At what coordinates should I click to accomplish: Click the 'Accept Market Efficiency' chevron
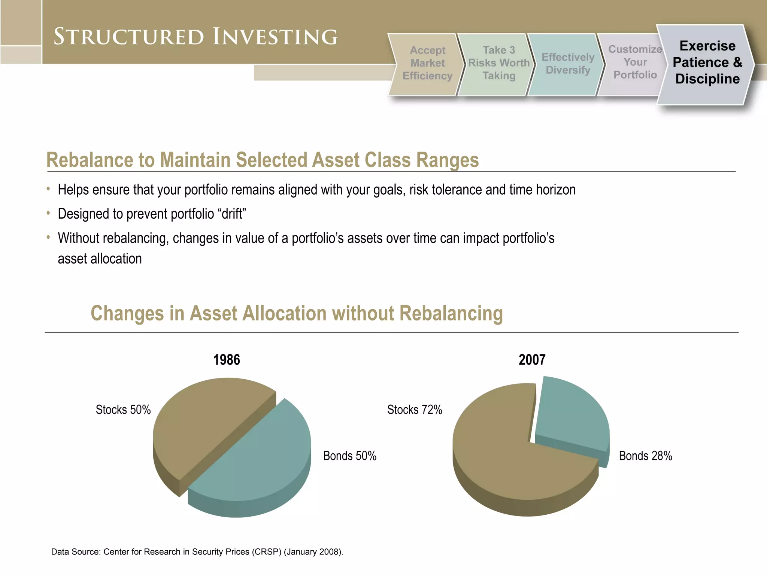click(x=427, y=63)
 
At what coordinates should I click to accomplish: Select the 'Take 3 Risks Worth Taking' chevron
click(x=498, y=63)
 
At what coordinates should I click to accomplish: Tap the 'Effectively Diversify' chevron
click(x=567, y=64)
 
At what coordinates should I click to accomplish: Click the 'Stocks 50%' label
click(x=123, y=410)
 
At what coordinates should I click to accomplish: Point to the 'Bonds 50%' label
click(x=349, y=456)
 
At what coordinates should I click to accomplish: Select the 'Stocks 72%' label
click(x=415, y=410)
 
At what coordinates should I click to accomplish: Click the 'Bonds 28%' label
click(x=645, y=456)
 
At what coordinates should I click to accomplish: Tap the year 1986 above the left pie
click(x=227, y=360)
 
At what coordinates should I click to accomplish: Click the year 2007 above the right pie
click(x=532, y=360)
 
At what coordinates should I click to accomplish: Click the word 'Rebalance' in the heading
click(x=89, y=160)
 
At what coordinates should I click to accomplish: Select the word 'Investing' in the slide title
click(x=275, y=37)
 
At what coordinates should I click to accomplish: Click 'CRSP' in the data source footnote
click(x=267, y=552)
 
